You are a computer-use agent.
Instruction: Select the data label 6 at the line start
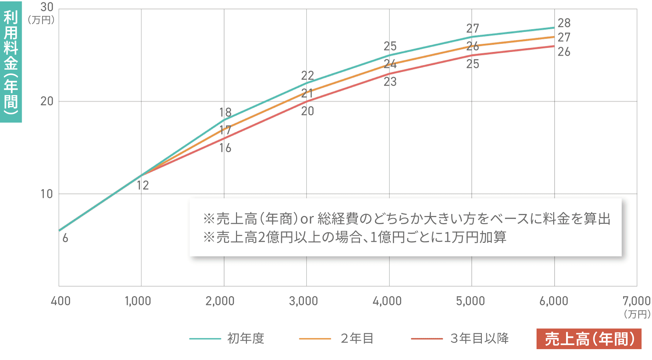pos(65,238)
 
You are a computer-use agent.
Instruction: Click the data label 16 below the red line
pos(225,148)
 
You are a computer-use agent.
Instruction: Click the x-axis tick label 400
pos(61,301)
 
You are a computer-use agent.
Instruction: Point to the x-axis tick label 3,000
pos(304,301)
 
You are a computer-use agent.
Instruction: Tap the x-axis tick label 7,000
pos(637,301)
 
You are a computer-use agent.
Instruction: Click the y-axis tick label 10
pos(47,194)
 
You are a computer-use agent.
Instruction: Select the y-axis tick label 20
pos(47,101)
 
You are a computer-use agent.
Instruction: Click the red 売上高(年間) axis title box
pos(589,339)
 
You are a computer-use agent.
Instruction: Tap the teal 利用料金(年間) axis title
pos(11,62)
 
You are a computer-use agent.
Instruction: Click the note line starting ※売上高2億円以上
pos(355,237)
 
